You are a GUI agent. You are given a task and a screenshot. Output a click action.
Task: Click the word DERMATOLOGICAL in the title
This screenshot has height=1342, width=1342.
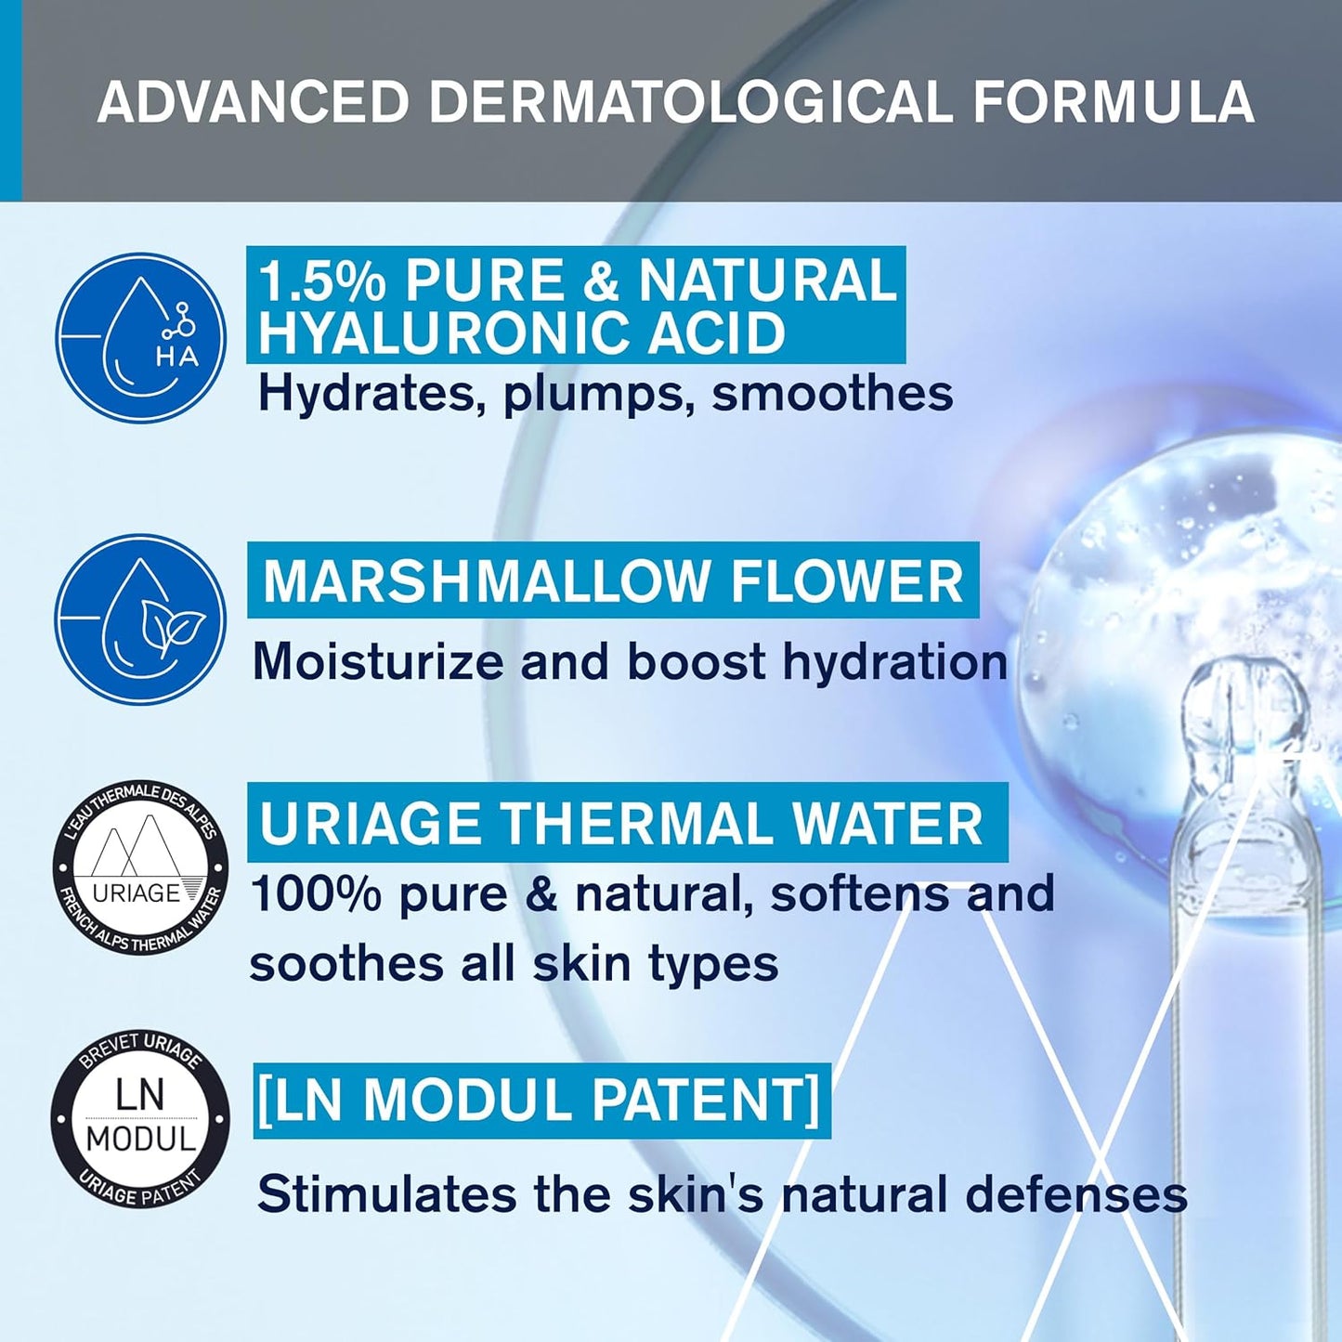(691, 102)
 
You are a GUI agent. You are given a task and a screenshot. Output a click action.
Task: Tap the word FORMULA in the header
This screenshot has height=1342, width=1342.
(1114, 102)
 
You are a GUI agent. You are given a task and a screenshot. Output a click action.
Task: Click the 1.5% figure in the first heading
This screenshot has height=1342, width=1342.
(320, 280)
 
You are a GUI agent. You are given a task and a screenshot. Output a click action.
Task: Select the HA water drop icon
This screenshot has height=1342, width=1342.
(140, 337)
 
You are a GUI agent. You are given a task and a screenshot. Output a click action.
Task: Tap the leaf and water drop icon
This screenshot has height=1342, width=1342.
(140, 619)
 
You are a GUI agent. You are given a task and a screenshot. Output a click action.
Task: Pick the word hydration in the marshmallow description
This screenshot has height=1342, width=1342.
(894, 662)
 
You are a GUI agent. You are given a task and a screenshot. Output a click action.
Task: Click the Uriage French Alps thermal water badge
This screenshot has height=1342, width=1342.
(140, 866)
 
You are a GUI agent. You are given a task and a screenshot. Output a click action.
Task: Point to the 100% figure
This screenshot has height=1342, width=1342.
(316, 894)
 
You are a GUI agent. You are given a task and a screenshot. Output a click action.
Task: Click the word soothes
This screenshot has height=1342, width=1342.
(346, 963)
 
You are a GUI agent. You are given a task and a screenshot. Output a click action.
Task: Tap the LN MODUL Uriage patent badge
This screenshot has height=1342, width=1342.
(140, 1118)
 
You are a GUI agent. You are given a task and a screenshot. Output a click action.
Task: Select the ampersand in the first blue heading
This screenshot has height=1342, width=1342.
(601, 280)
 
